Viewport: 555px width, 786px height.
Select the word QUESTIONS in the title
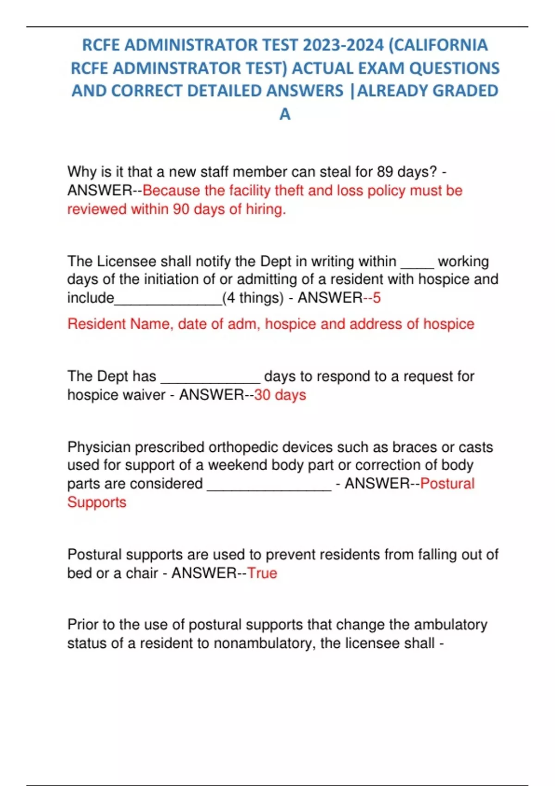pyautogui.click(x=455, y=68)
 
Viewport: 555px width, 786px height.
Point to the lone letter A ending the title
pyautogui.click(x=285, y=114)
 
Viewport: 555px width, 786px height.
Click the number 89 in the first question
pyautogui.click(x=385, y=172)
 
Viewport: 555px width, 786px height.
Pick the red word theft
pyautogui.click(x=289, y=190)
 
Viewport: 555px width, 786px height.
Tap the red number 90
pyautogui.click(x=181, y=209)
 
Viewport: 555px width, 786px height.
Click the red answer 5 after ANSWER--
pyautogui.click(x=376, y=298)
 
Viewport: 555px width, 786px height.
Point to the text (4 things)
pyautogui.click(x=253, y=298)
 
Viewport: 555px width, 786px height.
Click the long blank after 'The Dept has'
pyautogui.click(x=210, y=377)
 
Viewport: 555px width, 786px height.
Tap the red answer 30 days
pyautogui.click(x=280, y=395)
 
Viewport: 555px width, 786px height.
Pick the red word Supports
pyautogui.click(x=97, y=503)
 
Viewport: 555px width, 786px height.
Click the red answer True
pyautogui.click(x=262, y=573)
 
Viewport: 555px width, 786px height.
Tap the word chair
pyautogui.click(x=142, y=573)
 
